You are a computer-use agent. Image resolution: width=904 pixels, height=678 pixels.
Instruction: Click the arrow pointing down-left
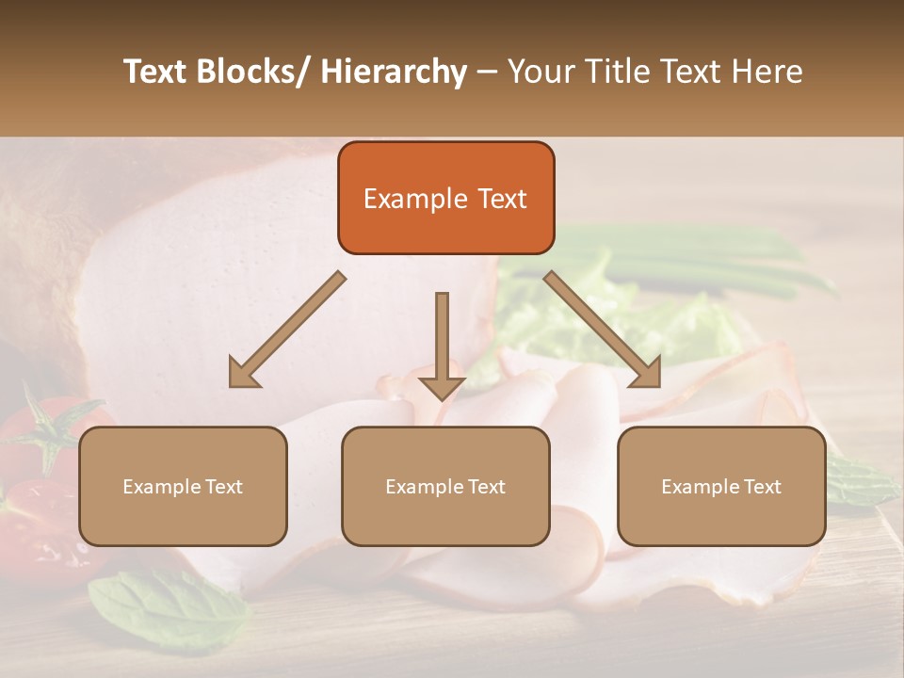[x=287, y=330]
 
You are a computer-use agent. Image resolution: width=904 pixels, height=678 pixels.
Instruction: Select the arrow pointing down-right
[x=603, y=329]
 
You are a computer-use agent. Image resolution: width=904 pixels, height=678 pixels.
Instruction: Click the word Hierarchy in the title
[x=394, y=72]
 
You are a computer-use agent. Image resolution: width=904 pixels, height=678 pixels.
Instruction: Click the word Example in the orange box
[x=402, y=199]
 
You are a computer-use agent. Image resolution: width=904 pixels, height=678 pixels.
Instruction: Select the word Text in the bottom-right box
[x=761, y=487]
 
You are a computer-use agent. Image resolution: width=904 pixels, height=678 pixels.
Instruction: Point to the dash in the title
[x=487, y=73]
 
